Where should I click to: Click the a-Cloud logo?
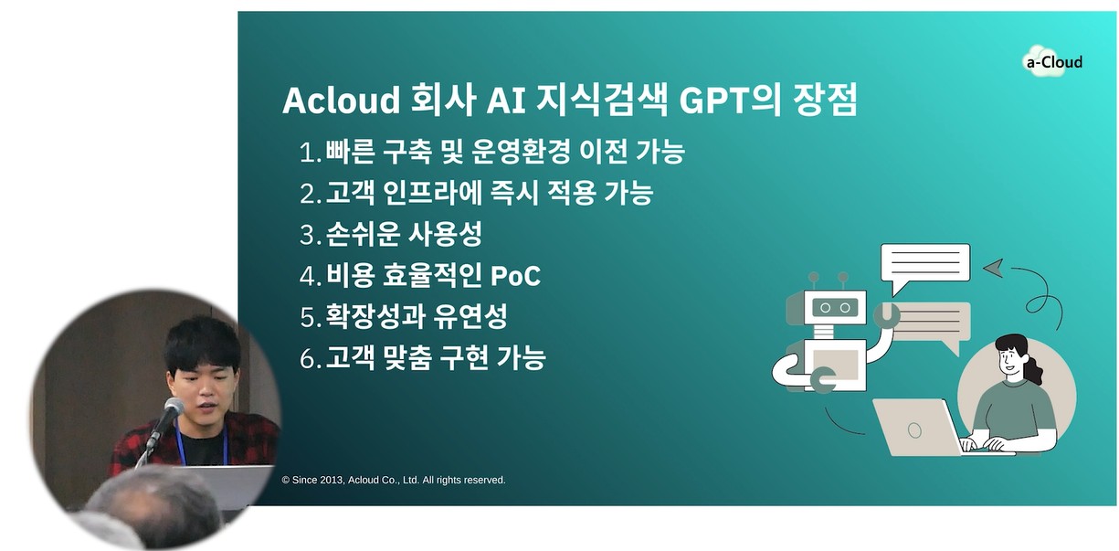(1053, 61)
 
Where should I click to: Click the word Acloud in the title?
(342, 100)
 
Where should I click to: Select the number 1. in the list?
(310, 152)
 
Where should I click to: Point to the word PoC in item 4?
(515, 275)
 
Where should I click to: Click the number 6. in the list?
(311, 359)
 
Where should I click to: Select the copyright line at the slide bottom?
(394, 480)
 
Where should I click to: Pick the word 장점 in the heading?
(825, 100)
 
